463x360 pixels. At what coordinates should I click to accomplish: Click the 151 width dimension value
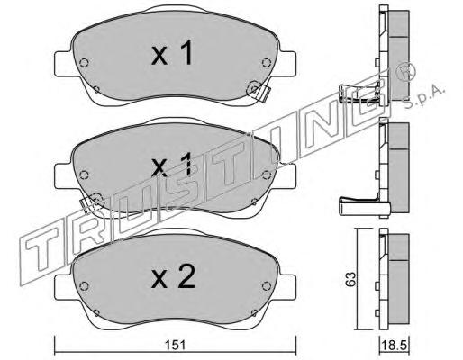pos(176,346)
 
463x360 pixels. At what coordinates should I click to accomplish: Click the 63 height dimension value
pos(350,279)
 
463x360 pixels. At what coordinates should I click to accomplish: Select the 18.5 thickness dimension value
pos(394,346)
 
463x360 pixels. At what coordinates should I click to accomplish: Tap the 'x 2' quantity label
pos(173,277)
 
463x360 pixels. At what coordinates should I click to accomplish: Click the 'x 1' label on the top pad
pos(172,53)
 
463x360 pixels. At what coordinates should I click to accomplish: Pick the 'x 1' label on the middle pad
pos(171,164)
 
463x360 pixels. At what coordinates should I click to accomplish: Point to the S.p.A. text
pos(424,96)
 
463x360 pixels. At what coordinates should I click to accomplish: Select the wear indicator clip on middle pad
pos(91,202)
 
